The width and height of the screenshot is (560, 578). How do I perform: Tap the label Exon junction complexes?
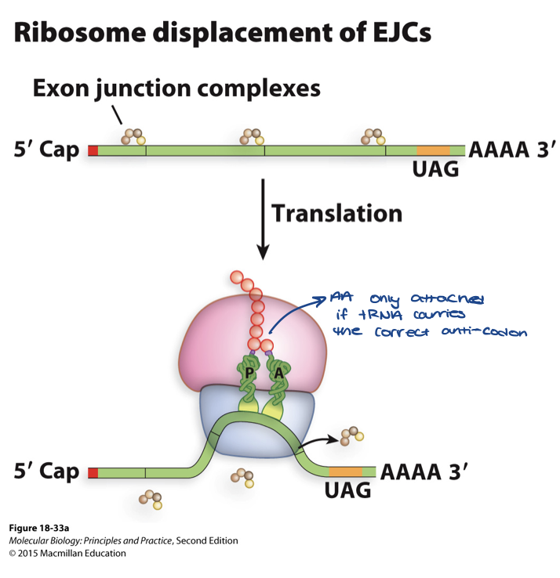coord(176,89)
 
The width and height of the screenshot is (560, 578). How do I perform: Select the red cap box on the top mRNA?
coord(93,149)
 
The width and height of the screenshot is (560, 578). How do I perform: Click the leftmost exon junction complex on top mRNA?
coord(133,138)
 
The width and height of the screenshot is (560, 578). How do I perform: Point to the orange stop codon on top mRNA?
coord(433,149)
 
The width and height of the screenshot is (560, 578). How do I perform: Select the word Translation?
coord(336,213)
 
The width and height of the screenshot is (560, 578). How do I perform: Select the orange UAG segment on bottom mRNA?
coord(345,471)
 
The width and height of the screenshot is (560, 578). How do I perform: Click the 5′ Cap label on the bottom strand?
coord(47,471)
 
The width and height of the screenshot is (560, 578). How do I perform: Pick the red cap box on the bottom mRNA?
coord(93,472)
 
